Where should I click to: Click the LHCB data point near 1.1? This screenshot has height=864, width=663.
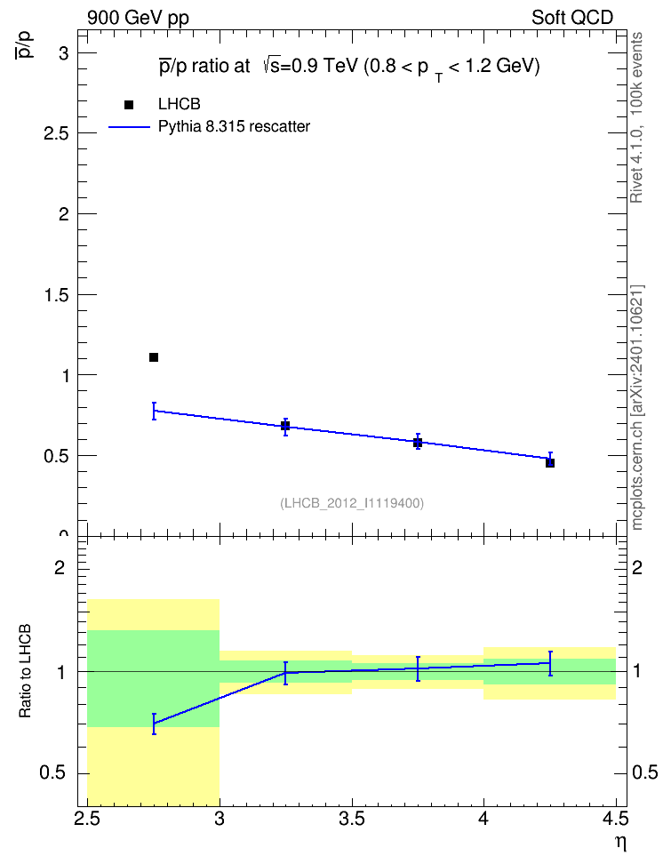coord(154,357)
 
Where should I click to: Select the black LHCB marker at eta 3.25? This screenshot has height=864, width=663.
coord(285,426)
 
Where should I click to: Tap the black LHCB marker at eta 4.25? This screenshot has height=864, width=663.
coord(550,463)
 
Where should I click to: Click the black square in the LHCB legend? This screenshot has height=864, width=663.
coord(129,105)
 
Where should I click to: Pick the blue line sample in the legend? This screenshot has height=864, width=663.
coord(130,127)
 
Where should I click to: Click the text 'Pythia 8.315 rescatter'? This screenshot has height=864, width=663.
coord(235,127)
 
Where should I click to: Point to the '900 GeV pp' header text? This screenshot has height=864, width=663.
coord(138,18)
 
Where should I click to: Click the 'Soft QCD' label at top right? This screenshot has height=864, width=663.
coord(572,18)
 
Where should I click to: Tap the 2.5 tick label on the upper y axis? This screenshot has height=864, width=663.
coord(57,133)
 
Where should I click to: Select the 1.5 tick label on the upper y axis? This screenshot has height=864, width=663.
coord(57,295)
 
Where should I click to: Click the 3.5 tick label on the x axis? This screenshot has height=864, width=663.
coord(352,819)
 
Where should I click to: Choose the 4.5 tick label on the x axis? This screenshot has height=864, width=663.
coord(616,819)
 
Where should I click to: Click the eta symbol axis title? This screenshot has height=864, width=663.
coord(621,844)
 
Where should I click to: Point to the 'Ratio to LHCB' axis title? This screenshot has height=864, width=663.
coord(25,671)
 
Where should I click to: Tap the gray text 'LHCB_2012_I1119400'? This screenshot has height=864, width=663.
coord(352,503)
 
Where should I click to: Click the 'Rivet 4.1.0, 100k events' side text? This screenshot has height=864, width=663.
coord(636,117)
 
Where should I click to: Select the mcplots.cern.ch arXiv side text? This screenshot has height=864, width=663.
coord(637,407)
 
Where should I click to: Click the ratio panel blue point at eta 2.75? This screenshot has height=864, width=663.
coord(154,724)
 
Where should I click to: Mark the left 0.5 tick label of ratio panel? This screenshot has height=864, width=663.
coord(52,773)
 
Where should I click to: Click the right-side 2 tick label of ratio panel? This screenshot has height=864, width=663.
coord(637,567)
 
